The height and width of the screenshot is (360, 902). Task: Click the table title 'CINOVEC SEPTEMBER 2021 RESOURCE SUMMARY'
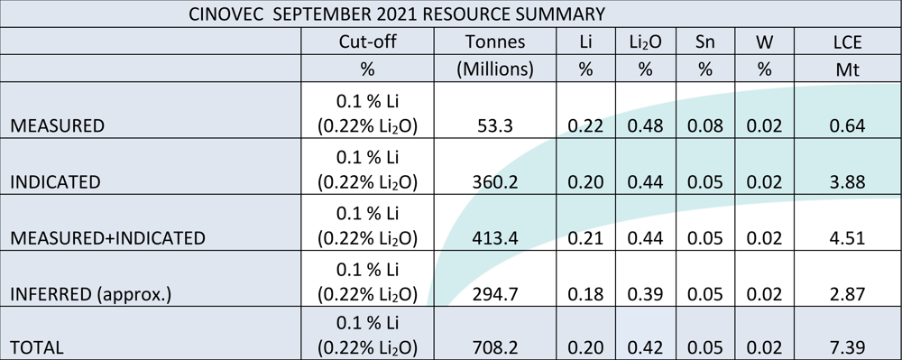397,14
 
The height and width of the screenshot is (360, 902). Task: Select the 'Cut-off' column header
368,42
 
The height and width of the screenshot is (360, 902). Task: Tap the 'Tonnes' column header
495,42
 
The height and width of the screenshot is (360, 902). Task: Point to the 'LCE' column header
847,42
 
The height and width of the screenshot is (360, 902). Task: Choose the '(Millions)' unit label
495,69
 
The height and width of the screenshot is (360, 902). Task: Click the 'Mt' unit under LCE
847,69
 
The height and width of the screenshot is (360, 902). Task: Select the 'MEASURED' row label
58,126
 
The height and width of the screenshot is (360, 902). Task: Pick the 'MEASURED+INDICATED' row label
107,238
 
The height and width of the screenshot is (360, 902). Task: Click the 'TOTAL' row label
37,348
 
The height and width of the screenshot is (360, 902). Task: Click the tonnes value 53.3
495,126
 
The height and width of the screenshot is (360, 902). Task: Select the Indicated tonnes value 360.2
495,182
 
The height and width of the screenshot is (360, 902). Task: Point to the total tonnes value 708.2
495,348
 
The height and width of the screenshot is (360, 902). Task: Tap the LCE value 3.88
847,182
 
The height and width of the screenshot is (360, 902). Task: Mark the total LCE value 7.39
847,348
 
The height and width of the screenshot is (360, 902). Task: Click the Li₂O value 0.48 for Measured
645,126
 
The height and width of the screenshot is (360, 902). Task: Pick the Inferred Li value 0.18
585,294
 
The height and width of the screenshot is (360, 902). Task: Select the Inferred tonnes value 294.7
495,294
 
